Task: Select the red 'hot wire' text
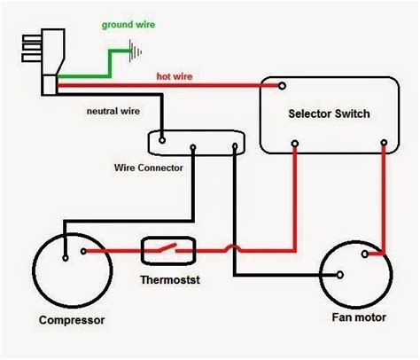pyautogui.click(x=175, y=76)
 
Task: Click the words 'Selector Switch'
pyautogui.click(x=330, y=114)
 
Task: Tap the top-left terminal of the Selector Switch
pyautogui.click(x=282, y=86)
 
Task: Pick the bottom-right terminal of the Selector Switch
pyautogui.click(x=383, y=142)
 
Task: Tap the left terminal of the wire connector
pyautogui.click(x=163, y=138)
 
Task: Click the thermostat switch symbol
pyautogui.click(x=166, y=251)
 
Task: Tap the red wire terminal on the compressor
pyautogui.click(x=85, y=251)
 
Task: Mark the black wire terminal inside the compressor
pyautogui.click(x=65, y=259)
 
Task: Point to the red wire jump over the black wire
pyautogui.click(x=232, y=251)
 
